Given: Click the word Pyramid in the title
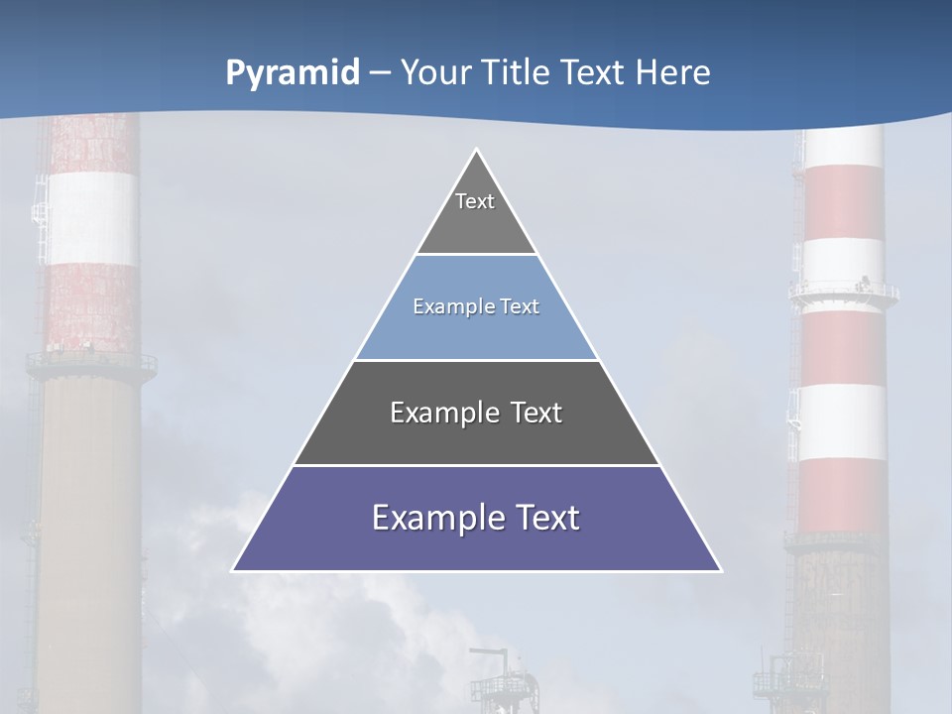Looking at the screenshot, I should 293,73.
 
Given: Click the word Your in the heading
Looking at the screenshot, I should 434,72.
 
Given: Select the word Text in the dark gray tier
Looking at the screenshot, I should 533,413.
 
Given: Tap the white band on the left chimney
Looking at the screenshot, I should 92,218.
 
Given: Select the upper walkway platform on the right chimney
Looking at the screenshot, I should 843,292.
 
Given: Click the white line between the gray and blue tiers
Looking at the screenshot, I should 476,255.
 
